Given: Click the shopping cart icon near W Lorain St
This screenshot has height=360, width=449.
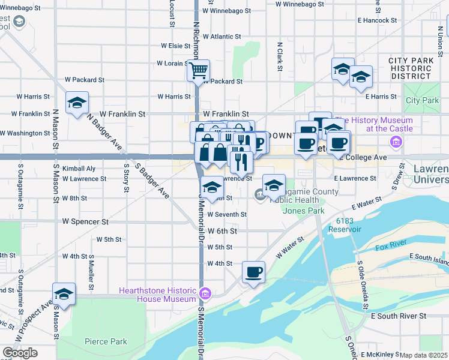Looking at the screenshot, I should point(198,71).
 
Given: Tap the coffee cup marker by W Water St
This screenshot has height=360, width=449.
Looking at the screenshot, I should point(254,272).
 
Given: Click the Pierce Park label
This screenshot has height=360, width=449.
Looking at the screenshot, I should point(106,341).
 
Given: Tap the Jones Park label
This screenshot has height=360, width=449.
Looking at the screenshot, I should point(304,211).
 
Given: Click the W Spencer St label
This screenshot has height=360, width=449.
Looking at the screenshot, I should point(86,221).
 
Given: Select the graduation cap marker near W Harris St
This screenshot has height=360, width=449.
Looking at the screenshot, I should point(77,103).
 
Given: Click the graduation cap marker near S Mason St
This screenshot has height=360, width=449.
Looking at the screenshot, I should point(64,295).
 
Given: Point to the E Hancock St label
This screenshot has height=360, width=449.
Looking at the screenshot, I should point(377,20).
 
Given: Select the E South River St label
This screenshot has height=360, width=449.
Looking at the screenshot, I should point(399,316).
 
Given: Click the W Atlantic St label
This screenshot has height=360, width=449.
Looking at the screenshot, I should point(221,37).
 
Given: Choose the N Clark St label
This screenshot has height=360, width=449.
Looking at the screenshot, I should point(280,57).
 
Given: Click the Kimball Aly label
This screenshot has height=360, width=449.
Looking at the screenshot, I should point(79,169).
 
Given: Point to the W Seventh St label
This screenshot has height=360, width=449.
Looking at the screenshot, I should point(227,214).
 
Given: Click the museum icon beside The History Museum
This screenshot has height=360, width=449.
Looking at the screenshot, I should point(396,142).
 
